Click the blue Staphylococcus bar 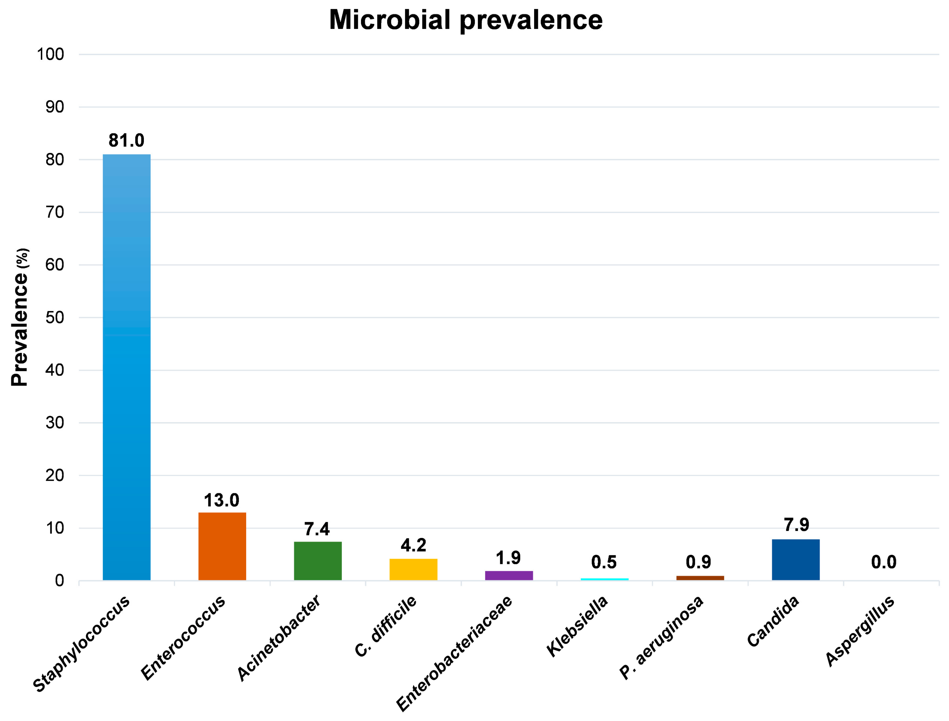[x=127, y=367]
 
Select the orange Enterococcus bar [x=222, y=546]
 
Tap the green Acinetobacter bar [x=318, y=561]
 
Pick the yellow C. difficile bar [x=413, y=569]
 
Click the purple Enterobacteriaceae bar [x=509, y=576]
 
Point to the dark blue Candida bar [x=796, y=560]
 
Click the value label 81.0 [x=126, y=140]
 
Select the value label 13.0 [x=222, y=500]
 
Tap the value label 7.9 [x=796, y=524]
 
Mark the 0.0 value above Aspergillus [x=884, y=562]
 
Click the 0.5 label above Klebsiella [x=604, y=562]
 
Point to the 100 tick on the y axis [x=50, y=54]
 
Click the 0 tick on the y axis [x=59, y=581]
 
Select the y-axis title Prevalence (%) [x=20, y=318]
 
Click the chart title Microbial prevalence [x=466, y=20]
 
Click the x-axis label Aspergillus [x=860, y=631]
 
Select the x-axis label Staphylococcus [x=82, y=644]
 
